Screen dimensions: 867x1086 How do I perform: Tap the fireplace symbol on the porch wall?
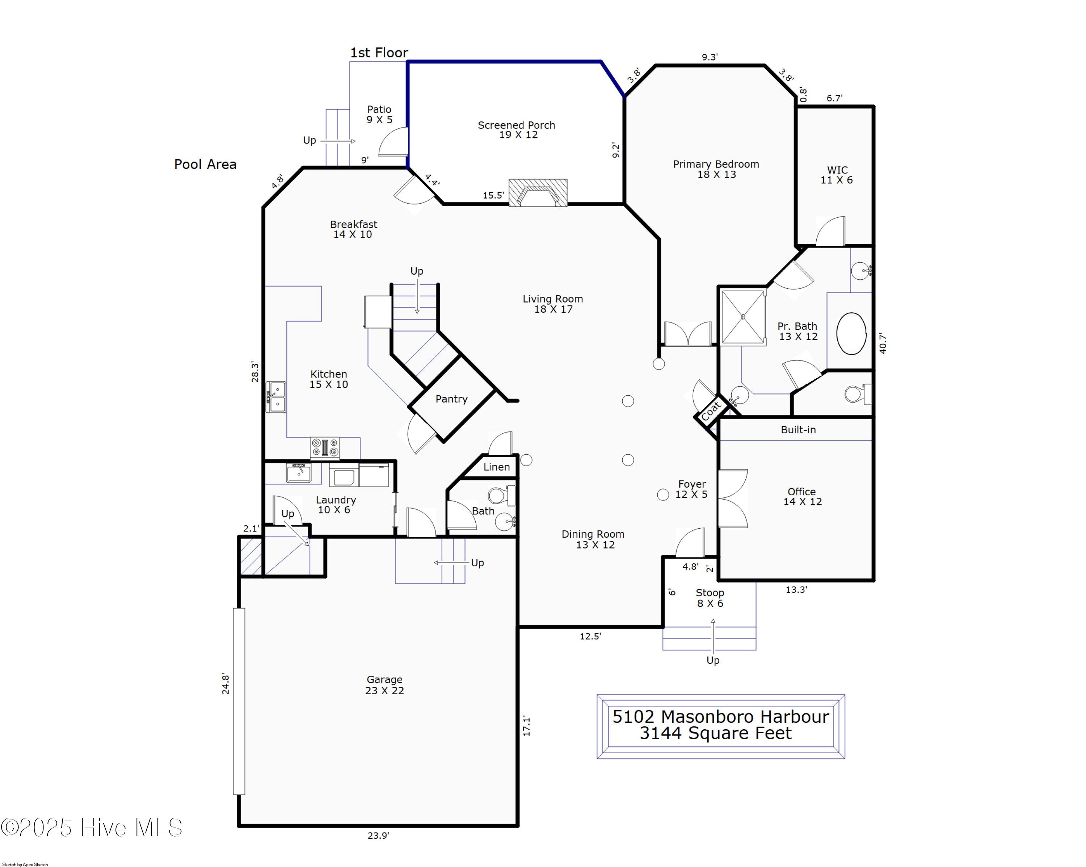(538, 193)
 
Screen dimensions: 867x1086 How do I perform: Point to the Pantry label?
(451, 399)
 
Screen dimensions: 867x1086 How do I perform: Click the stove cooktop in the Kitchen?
(324, 447)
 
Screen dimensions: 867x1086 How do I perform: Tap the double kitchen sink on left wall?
(276, 397)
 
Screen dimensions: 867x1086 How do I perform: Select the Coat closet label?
(711, 410)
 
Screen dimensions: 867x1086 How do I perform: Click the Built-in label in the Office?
(798, 429)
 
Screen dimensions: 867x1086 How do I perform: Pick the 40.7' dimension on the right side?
(883, 343)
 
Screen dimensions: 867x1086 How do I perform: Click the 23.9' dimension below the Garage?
(378, 835)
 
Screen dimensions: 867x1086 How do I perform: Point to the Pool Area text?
(205, 164)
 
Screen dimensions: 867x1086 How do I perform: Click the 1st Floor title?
(379, 53)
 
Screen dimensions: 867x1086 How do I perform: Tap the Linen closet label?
(496, 467)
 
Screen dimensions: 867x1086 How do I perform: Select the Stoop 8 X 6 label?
(710, 598)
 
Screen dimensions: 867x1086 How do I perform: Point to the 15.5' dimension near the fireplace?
(493, 195)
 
